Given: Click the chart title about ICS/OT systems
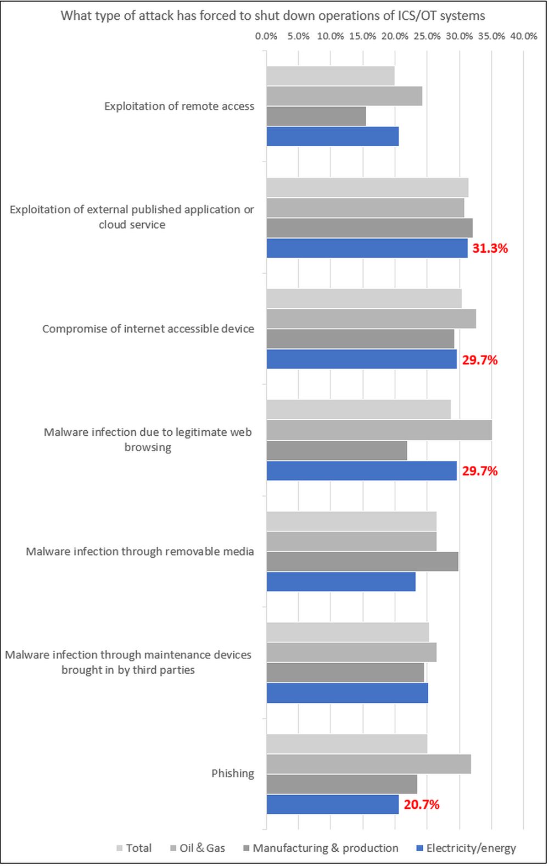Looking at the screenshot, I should [x=273, y=15].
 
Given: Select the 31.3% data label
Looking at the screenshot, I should [x=490, y=248].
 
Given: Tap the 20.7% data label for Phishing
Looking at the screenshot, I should [x=421, y=804].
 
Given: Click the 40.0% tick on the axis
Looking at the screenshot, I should [x=523, y=36].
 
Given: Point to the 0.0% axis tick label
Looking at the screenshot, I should [x=266, y=36].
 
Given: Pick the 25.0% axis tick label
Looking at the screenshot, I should [x=427, y=36].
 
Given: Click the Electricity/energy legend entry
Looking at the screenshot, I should [x=470, y=848].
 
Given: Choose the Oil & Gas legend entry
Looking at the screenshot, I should [x=201, y=848].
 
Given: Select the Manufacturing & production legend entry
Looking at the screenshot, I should [x=325, y=848].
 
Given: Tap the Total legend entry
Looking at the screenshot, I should [x=138, y=848].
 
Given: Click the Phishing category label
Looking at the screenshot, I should [x=233, y=773].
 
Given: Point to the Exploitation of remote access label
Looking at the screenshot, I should [x=179, y=106].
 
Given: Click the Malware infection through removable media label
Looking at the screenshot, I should [x=139, y=551].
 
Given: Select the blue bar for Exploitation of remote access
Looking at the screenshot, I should [x=333, y=136].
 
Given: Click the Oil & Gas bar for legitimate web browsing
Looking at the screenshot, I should [x=379, y=430].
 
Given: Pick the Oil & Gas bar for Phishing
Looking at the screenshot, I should [x=368, y=764].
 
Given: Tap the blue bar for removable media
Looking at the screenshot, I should [x=341, y=581].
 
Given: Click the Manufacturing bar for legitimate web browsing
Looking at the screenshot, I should [x=337, y=451].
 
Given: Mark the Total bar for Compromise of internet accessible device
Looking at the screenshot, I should [x=364, y=299].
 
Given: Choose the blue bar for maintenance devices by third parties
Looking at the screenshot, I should [x=347, y=693].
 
